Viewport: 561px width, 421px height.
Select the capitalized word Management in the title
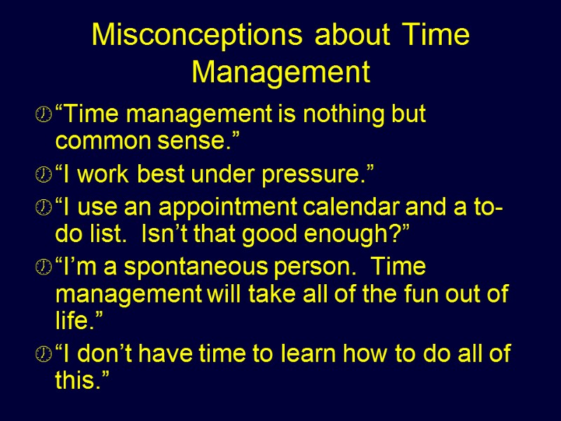(x=280, y=72)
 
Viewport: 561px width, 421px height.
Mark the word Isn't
(x=163, y=236)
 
